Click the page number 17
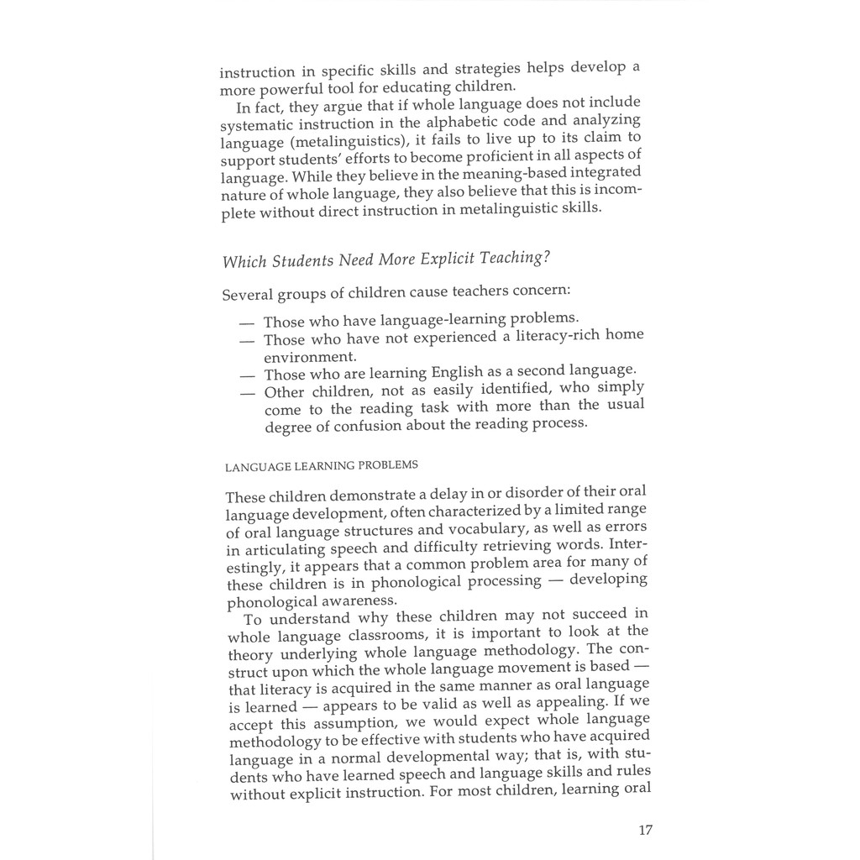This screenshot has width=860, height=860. coord(645,830)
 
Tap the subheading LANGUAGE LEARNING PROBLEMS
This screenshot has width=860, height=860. coord(322,464)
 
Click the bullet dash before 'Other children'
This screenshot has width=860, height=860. coord(246,391)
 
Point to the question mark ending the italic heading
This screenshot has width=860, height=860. coord(547,257)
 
